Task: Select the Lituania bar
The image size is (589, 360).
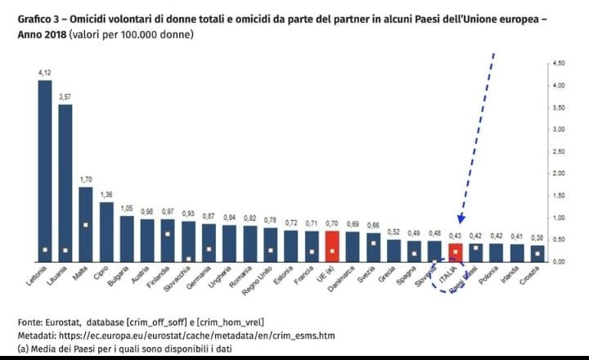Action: (65, 182)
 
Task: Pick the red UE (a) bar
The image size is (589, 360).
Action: (332, 245)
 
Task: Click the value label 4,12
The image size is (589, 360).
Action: (45, 73)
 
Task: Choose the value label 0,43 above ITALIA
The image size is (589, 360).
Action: (456, 236)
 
